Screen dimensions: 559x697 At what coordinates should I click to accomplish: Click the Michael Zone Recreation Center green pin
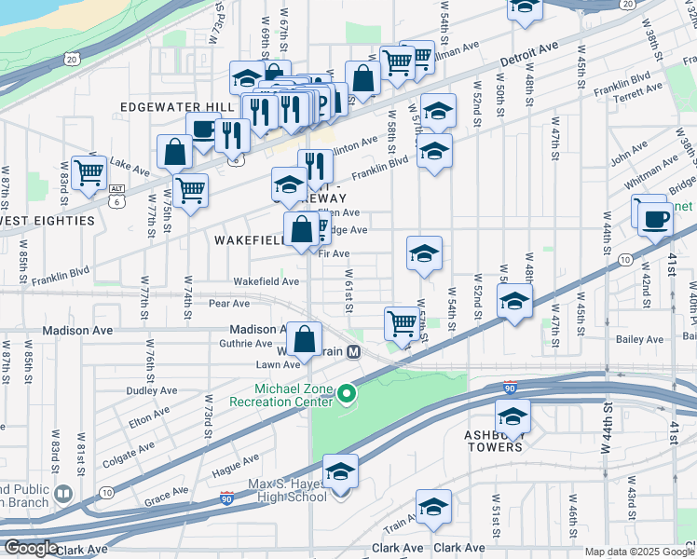coord(346,396)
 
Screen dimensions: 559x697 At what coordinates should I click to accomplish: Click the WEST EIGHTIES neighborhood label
coord(48,221)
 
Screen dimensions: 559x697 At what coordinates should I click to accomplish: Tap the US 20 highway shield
coord(72,60)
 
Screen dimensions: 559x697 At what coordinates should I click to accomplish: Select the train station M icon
coord(353,351)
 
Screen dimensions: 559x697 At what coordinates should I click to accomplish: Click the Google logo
coord(31,547)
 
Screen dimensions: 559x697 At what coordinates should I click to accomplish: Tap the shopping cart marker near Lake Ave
coord(89,171)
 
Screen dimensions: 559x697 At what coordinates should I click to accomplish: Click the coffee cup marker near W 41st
coord(655,218)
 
